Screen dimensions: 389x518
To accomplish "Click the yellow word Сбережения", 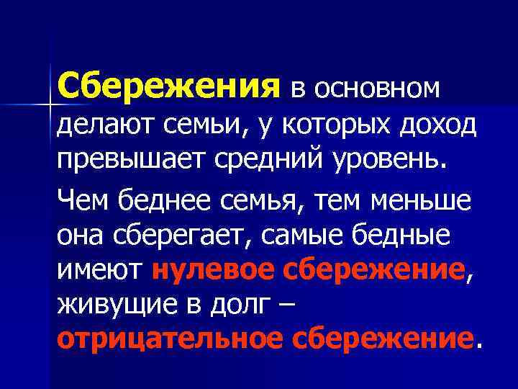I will [169, 86].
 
